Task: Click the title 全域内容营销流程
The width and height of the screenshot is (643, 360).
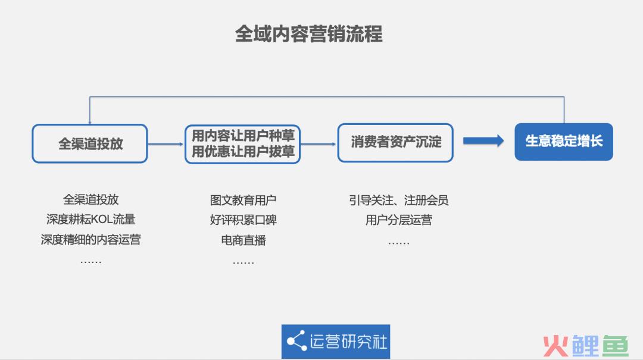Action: [309, 34]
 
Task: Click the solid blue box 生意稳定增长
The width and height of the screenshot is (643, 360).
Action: [564, 142]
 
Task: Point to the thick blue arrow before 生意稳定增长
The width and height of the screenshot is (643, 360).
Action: [483, 140]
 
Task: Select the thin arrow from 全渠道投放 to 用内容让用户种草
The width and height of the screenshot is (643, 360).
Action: [166, 144]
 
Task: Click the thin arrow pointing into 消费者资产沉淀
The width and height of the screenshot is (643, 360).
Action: [319, 144]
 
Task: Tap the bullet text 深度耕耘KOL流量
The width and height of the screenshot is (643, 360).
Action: [90, 220]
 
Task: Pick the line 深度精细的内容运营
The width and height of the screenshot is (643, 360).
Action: [90, 239]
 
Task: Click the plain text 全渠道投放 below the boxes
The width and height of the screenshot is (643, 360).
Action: [90, 200]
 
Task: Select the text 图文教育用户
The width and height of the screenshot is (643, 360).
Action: [243, 200]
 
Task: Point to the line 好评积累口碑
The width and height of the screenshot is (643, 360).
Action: [243, 220]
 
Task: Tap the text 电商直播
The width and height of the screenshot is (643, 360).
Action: [243, 240]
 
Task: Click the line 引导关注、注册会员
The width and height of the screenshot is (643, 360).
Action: [398, 200]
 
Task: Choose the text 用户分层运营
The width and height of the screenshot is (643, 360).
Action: [398, 220]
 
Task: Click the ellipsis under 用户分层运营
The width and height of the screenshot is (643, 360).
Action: [398, 243]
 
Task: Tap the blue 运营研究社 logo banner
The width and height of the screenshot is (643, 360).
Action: [336, 342]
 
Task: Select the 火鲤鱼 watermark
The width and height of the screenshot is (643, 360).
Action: [586, 346]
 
